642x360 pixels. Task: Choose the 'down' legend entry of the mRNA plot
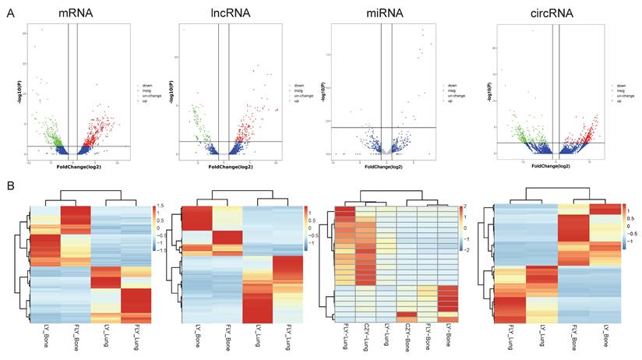tap(143, 85)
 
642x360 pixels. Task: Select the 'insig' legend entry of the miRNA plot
tap(452, 90)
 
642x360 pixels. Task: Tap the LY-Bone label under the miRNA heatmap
tap(447, 334)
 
